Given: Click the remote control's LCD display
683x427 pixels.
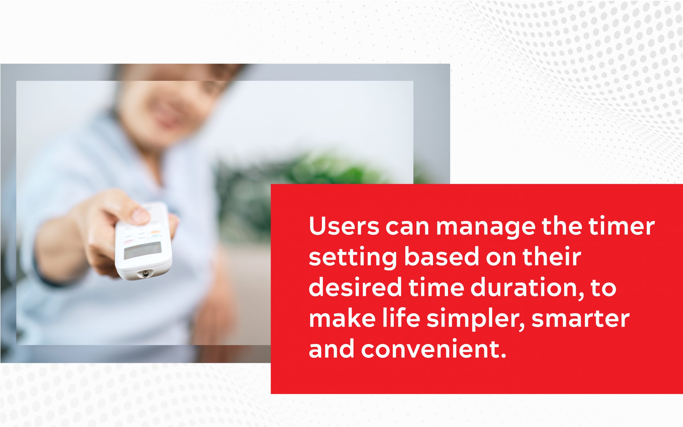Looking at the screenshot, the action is (x=143, y=251).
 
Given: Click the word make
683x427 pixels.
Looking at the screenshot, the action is (x=342, y=318).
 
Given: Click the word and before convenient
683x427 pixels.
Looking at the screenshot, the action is (x=332, y=349).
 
